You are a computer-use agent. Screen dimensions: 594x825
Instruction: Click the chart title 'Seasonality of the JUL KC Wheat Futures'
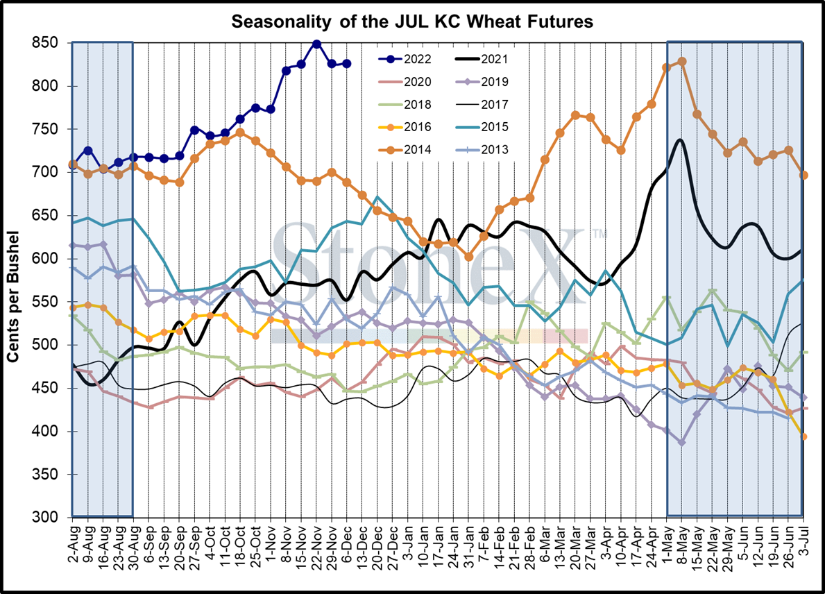pyautogui.click(x=412, y=22)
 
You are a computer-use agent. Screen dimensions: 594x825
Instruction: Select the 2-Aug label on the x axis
pyautogui.click(x=73, y=545)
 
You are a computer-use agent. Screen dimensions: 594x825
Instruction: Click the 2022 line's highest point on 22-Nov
pyautogui.click(x=316, y=44)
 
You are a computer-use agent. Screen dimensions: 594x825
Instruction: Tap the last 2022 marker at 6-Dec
pyautogui.click(x=347, y=63)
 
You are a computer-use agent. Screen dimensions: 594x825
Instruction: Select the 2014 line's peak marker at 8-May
pyautogui.click(x=682, y=61)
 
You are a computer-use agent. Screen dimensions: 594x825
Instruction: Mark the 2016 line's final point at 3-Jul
pyautogui.click(x=803, y=436)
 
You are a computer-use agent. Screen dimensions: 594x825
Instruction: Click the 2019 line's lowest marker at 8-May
pyautogui.click(x=682, y=442)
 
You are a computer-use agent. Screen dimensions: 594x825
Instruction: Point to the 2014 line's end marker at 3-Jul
pyautogui.click(x=803, y=175)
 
